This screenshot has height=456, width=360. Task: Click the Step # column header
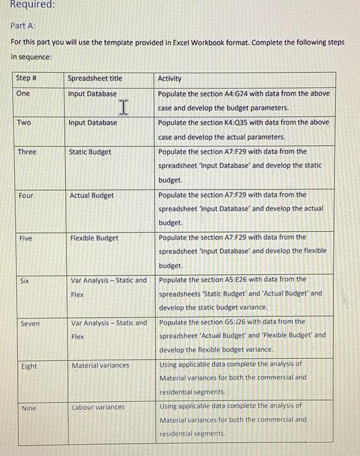click(25, 78)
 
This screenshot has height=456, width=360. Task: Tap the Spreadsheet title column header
click(94, 78)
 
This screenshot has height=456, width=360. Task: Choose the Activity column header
click(169, 78)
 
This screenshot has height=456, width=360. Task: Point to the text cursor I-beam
click(124, 105)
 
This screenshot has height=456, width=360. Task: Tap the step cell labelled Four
click(25, 195)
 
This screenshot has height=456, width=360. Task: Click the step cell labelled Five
click(24, 238)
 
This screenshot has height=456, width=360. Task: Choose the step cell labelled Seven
click(27, 323)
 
